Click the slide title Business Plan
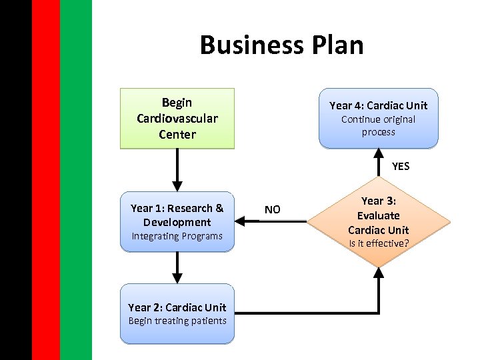click(281, 45)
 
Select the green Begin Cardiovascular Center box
click(177, 118)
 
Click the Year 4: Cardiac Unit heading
click(378, 105)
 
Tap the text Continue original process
click(378, 125)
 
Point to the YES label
click(401, 167)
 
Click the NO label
click(272, 210)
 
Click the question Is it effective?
click(378, 243)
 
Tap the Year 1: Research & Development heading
click(177, 215)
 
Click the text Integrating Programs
click(177, 236)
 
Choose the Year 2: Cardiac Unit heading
click(177, 307)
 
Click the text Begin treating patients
click(177, 321)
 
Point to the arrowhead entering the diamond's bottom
click(379, 273)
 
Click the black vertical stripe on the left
click(15, 180)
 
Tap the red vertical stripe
click(45, 180)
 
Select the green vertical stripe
click(75, 180)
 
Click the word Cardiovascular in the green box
click(177, 119)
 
